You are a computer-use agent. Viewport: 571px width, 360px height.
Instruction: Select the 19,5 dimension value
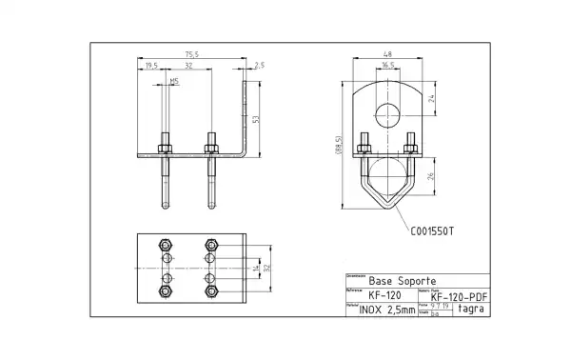tap(151, 65)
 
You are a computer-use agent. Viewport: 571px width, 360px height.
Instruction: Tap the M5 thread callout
tap(173, 82)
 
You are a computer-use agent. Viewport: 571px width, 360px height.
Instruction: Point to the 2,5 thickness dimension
tap(260, 65)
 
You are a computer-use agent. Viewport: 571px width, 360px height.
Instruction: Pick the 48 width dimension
tap(386, 54)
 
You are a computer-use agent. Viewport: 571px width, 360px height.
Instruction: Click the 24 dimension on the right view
tap(430, 98)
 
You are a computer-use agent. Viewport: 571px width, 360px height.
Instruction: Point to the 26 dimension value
tap(430, 177)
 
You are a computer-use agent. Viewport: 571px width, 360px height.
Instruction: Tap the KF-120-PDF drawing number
tap(460, 297)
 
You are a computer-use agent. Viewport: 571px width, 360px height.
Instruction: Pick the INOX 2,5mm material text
tap(387, 310)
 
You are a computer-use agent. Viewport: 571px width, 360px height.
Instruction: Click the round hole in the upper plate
tap(387, 116)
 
